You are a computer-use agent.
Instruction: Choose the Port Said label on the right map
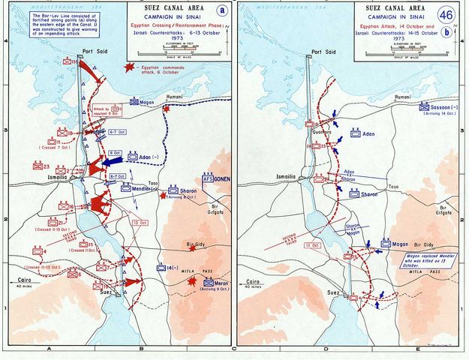tap(323, 52)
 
